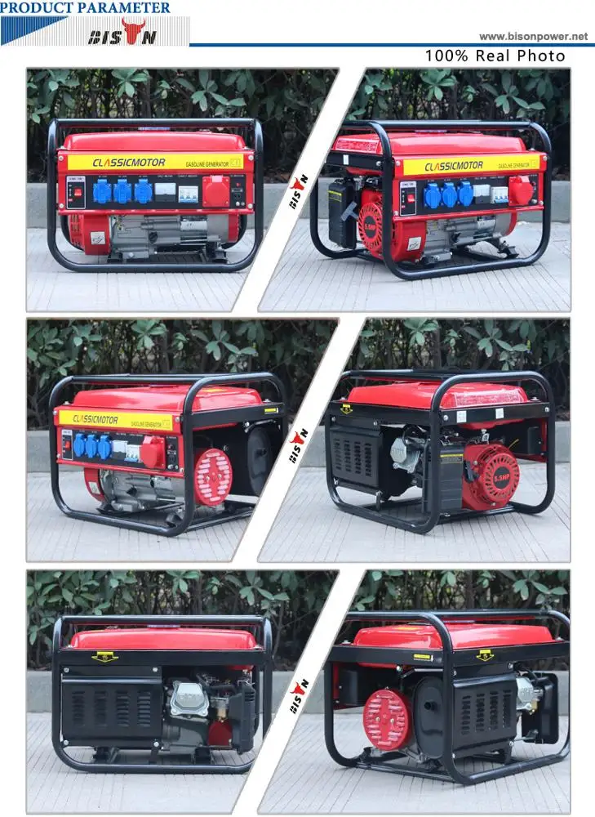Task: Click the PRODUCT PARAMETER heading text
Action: [86, 7]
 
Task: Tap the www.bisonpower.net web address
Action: [533, 36]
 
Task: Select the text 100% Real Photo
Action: [495, 56]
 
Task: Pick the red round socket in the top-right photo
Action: [520, 191]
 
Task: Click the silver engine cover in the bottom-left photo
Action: [189, 699]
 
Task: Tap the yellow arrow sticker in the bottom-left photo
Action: [104, 656]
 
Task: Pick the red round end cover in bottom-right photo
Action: [386, 719]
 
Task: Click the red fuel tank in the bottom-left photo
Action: [163, 637]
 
